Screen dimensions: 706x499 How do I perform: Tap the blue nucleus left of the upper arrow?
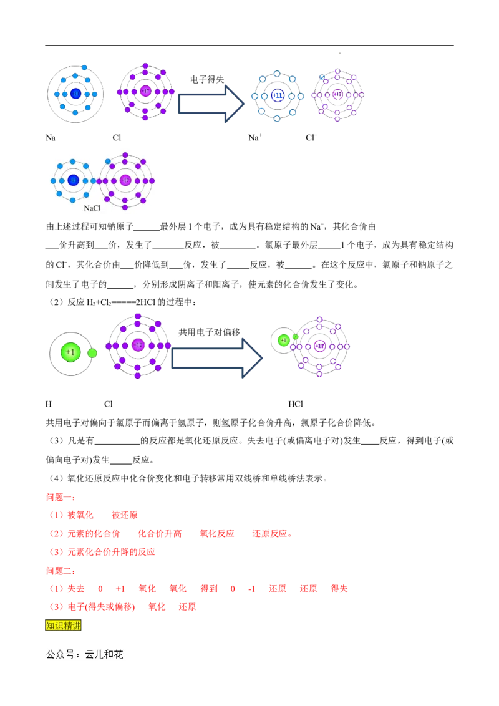(75, 94)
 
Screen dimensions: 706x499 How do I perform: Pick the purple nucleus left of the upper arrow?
(145, 92)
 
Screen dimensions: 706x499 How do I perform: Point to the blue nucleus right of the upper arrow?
(277, 95)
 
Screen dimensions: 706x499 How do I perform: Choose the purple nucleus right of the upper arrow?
(337, 95)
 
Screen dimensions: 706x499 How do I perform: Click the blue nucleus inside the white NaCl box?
(73, 181)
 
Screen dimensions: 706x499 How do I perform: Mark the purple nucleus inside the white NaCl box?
(125, 181)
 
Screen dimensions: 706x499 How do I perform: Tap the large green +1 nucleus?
(70, 353)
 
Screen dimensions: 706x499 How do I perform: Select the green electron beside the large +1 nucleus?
(92, 353)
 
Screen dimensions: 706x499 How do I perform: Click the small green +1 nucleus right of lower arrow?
(283, 340)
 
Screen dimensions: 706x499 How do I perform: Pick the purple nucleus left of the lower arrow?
(138, 345)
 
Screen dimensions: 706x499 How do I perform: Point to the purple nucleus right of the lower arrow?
(320, 346)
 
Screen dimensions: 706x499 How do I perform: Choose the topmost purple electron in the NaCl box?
(125, 155)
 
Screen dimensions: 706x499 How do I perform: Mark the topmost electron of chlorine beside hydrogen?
(138, 313)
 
